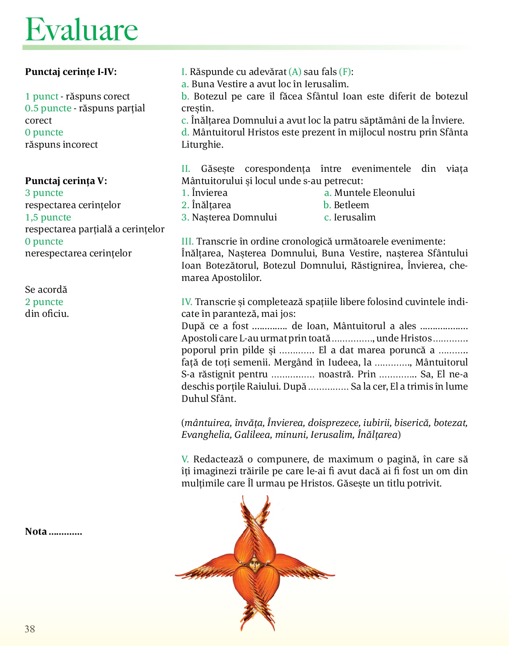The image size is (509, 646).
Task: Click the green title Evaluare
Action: (x=82, y=29)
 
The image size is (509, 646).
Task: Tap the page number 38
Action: (x=30, y=629)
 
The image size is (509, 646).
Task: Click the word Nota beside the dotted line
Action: (x=36, y=532)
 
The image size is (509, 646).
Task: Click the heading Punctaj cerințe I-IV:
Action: (x=71, y=72)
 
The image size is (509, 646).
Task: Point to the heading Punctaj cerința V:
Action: (x=66, y=181)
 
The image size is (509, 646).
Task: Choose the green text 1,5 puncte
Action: (x=48, y=217)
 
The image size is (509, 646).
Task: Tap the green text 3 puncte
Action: (x=44, y=193)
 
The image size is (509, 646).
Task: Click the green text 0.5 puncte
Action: (x=48, y=108)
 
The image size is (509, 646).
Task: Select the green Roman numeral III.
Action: (x=187, y=241)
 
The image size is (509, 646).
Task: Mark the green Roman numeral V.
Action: (x=185, y=459)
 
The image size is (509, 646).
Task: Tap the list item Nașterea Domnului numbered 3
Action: (x=234, y=217)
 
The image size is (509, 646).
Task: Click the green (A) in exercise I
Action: (x=295, y=72)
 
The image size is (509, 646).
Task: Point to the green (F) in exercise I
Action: (x=346, y=72)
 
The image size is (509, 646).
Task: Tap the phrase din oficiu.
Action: (x=47, y=314)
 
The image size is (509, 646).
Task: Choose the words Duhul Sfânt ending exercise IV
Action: (x=209, y=399)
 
